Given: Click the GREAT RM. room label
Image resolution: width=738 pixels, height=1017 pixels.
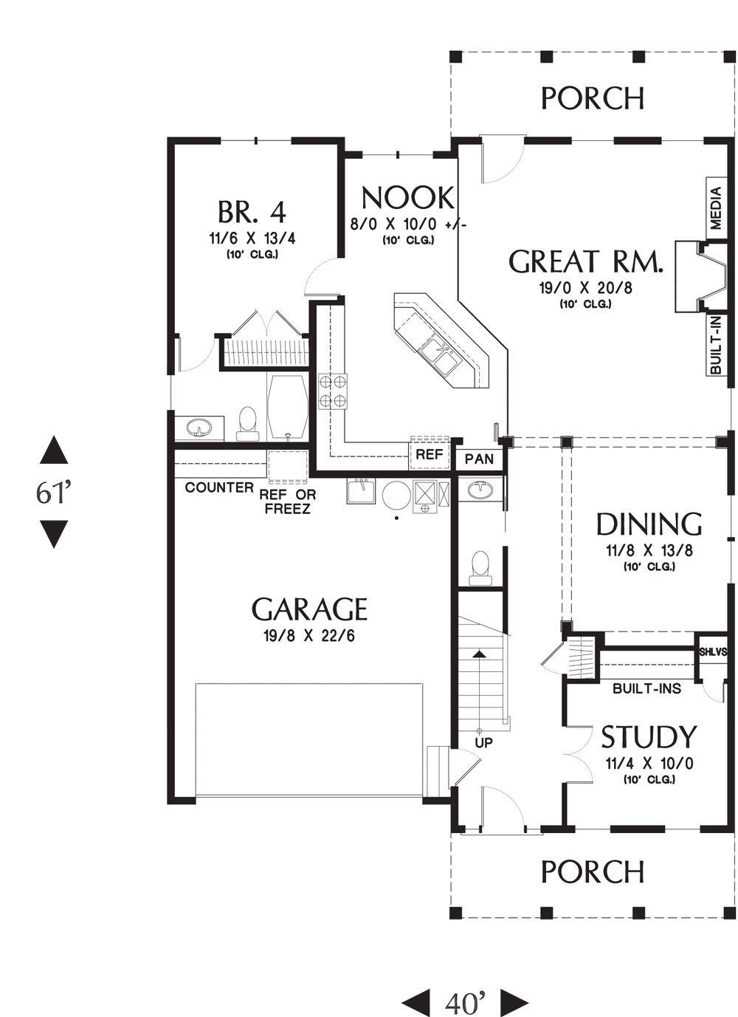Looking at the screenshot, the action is click(585, 261).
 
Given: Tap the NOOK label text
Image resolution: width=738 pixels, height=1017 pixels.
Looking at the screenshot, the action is click(407, 199).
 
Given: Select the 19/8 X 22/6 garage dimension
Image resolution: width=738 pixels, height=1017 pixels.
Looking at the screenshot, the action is click(309, 636).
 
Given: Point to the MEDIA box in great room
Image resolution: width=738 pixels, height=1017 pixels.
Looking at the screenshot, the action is click(716, 208).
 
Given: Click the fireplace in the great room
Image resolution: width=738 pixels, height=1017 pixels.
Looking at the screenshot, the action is click(701, 276).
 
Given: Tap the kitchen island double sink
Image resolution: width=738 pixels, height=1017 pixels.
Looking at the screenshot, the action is click(440, 356).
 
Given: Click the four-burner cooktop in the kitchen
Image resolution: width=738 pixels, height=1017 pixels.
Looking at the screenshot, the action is click(333, 391).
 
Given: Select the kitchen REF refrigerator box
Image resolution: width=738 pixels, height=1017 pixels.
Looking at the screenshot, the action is click(429, 454).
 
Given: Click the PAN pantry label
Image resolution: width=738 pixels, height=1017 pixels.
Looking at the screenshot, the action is click(479, 459).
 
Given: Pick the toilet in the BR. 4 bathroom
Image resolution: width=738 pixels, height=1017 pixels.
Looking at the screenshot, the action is click(248, 424).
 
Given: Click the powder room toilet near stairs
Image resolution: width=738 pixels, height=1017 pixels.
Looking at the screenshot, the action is click(480, 567).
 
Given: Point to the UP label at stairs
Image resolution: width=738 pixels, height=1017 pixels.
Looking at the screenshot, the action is click(483, 743).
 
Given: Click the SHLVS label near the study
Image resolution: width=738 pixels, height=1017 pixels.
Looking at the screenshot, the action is click(713, 652).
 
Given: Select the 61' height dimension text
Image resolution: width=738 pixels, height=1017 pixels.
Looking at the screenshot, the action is click(54, 492).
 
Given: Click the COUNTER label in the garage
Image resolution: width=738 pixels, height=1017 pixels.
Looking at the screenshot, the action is click(219, 487).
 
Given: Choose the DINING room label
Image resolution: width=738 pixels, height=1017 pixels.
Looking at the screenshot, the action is click(649, 524).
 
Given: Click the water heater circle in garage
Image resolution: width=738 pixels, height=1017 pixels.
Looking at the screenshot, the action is click(396, 496).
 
